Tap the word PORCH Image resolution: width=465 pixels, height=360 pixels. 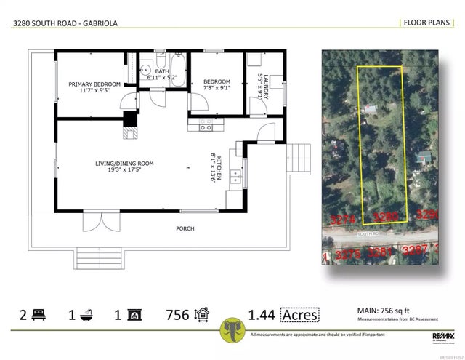[x=185, y=228]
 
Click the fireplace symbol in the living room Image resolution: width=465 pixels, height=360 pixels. [x=130, y=132]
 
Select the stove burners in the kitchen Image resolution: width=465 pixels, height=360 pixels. [x=206, y=127]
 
